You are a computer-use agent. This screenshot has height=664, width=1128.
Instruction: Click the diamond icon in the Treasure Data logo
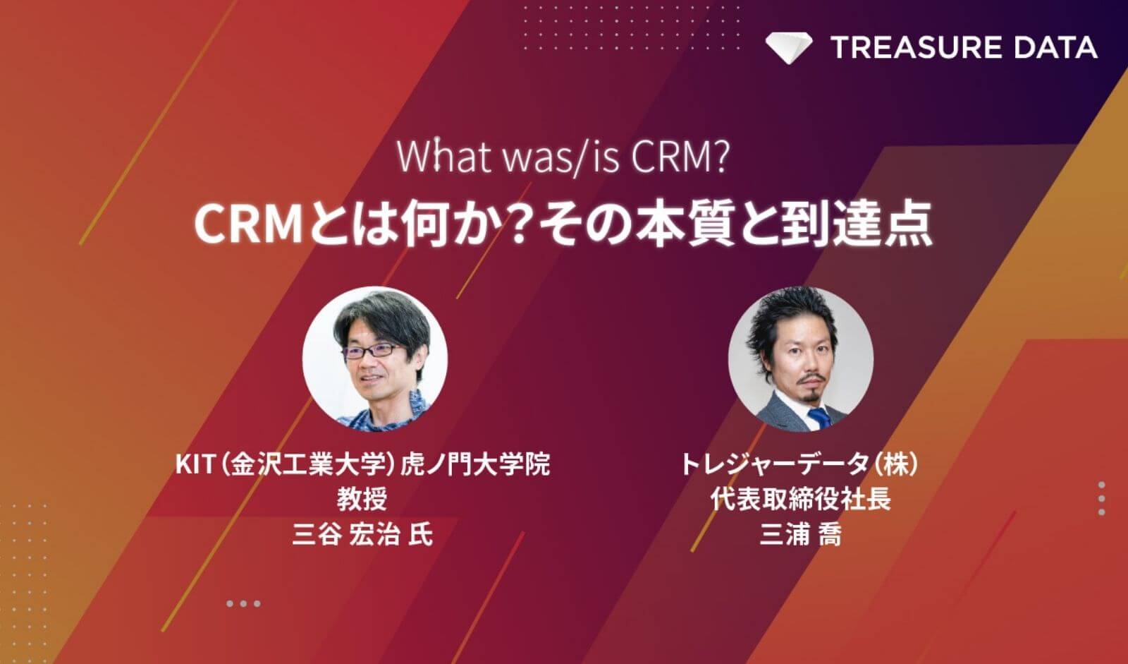click(789, 48)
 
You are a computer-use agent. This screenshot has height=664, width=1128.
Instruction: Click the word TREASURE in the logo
click(916, 47)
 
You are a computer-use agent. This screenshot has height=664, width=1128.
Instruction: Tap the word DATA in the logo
click(1055, 47)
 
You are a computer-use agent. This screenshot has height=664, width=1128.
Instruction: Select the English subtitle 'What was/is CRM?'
click(563, 157)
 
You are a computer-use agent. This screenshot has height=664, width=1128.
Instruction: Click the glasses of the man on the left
click(371, 351)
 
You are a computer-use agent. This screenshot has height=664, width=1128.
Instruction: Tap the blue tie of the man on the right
click(821, 418)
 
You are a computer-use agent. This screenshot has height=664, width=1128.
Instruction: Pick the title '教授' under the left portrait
click(362, 499)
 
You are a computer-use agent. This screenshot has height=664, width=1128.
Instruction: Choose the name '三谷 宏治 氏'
click(362, 534)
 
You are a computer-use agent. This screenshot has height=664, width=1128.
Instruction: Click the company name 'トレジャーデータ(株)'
click(800, 464)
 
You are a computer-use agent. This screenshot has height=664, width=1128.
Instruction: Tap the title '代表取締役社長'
click(800, 499)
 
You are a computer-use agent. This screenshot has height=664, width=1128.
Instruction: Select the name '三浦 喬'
click(800, 534)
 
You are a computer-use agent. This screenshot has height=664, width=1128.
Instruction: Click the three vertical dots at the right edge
click(1102, 499)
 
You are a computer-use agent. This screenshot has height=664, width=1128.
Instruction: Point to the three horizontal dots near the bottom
click(243, 603)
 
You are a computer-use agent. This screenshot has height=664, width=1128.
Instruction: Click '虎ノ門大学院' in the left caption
click(475, 464)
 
